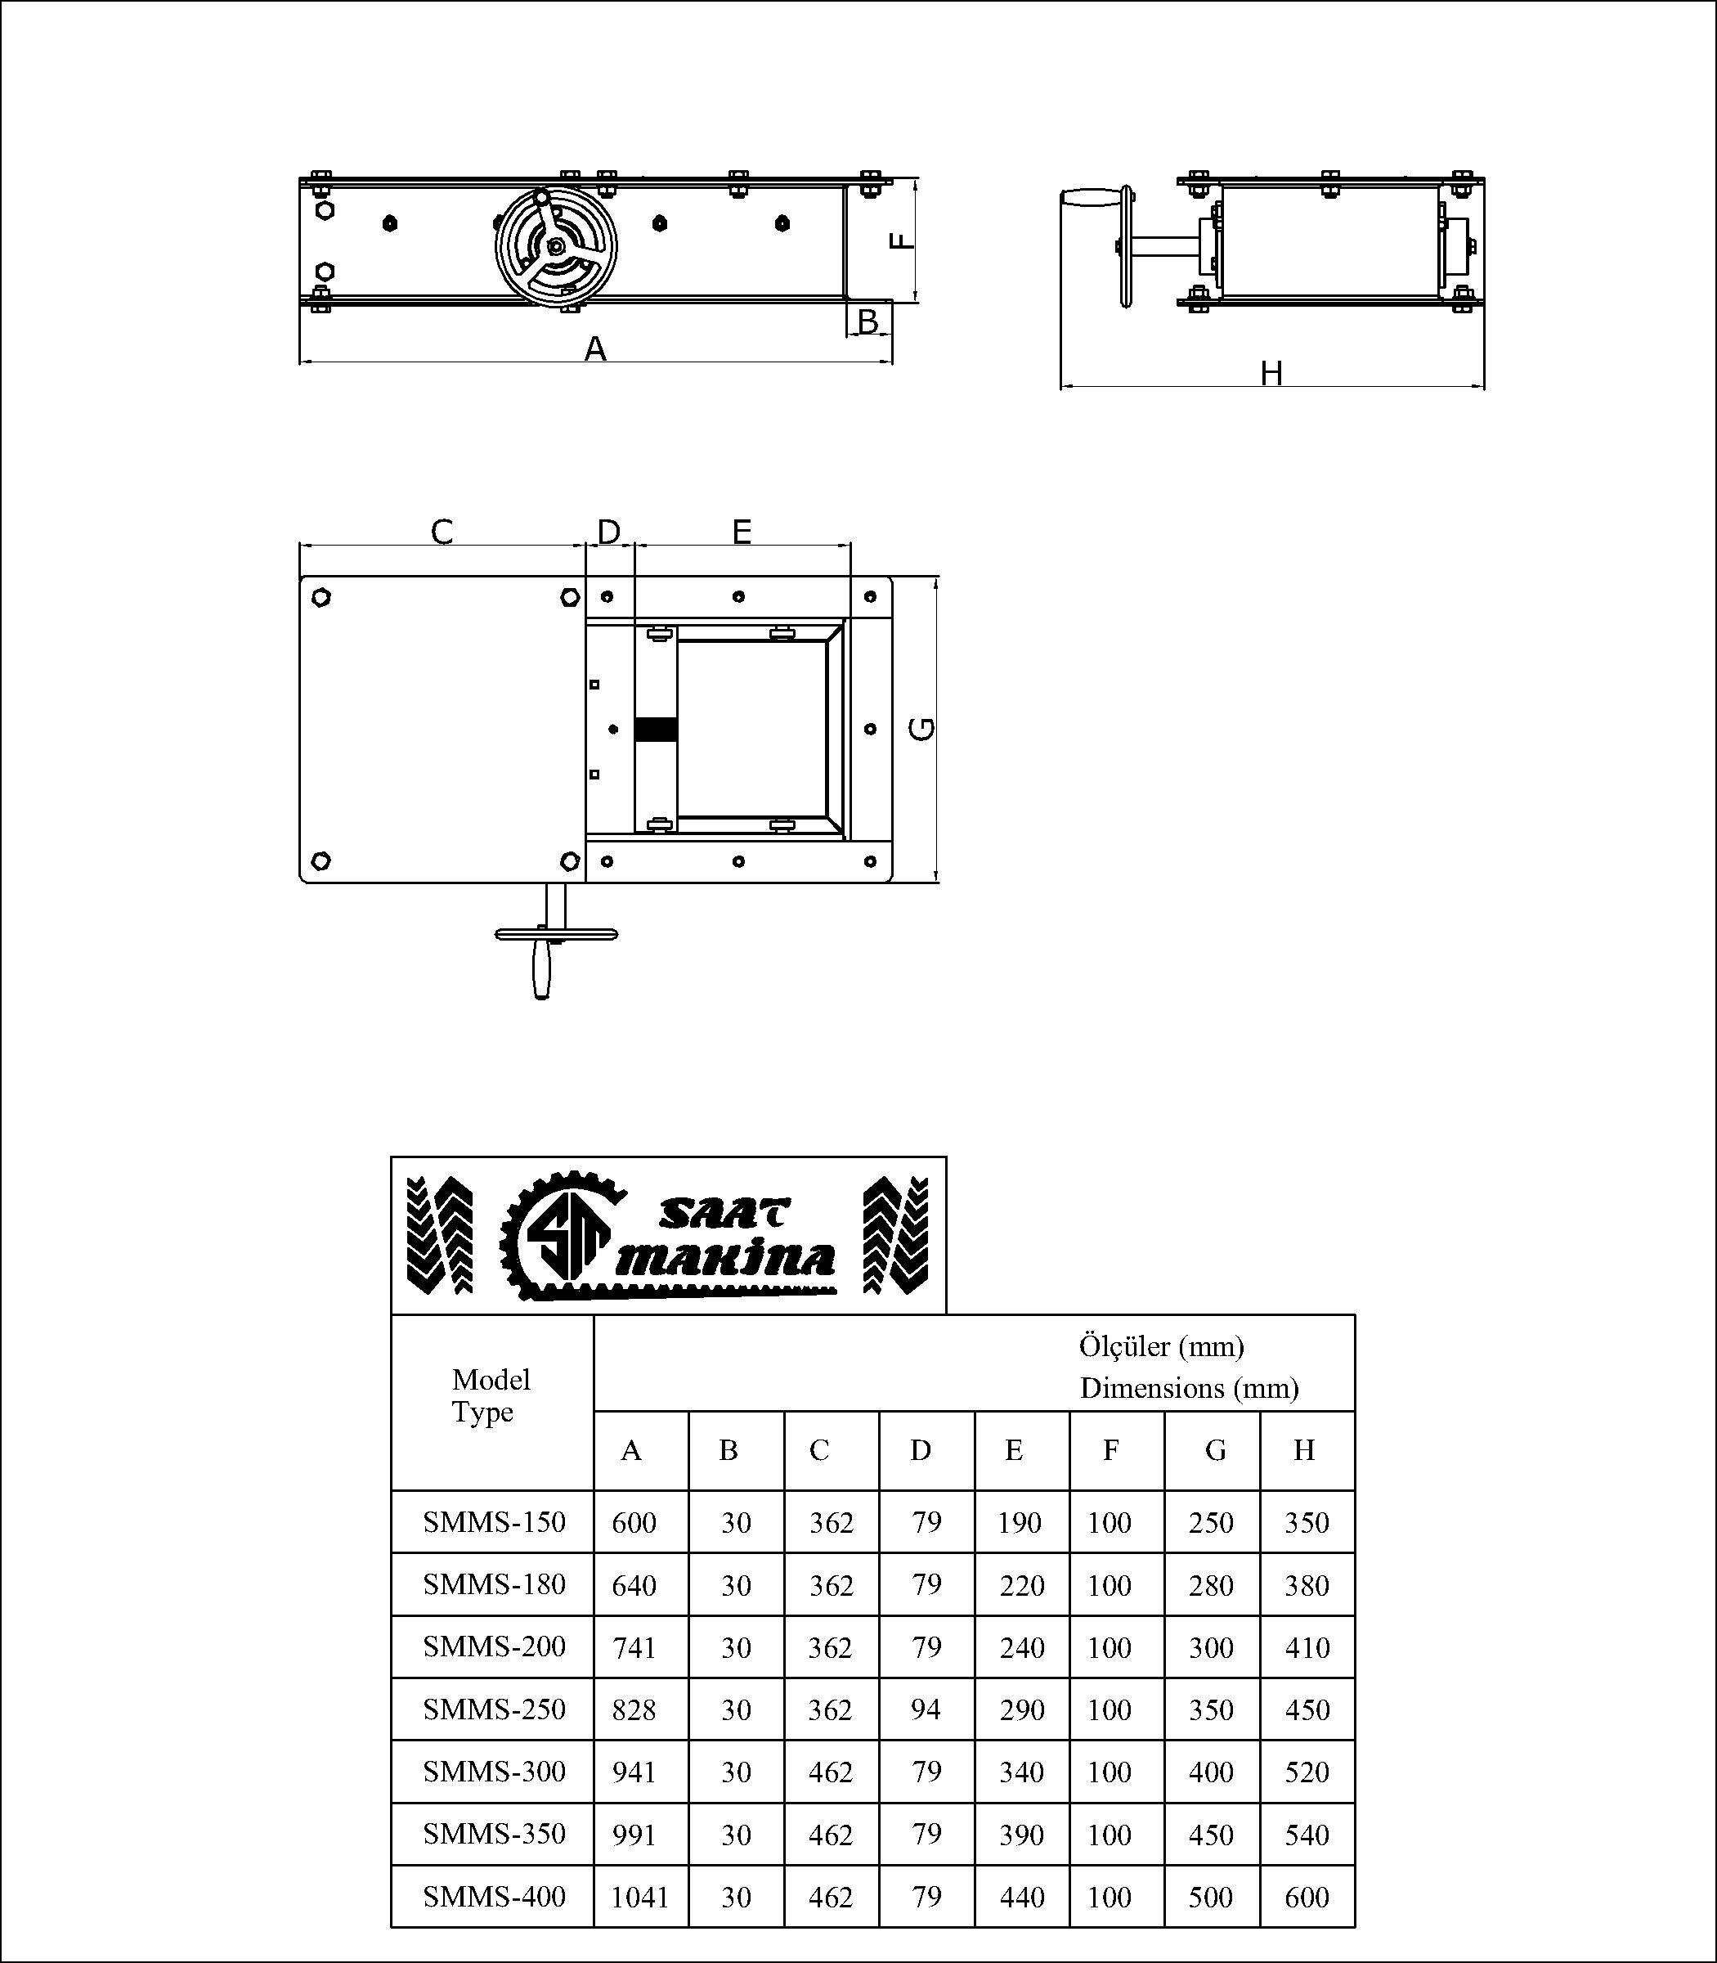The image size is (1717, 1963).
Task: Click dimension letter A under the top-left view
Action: coord(595,349)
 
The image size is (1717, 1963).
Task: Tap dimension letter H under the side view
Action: coord(1271,373)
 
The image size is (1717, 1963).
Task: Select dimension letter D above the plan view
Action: coord(609,531)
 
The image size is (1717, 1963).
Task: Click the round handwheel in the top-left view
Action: coord(556,246)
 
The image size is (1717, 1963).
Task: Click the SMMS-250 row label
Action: coord(494,1708)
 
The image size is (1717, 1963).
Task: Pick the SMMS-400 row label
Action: coord(494,1896)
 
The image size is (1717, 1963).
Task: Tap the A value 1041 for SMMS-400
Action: coord(639,1897)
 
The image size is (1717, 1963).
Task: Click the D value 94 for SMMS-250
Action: coord(926,1708)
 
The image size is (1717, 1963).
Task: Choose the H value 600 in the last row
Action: coord(1306,1897)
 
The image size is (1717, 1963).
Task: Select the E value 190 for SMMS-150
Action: coord(1019,1522)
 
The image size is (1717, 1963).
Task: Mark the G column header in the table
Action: coord(1215,1450)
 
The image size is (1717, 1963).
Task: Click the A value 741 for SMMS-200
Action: coord(634,1646)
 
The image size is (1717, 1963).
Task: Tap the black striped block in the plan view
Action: coord(656,730)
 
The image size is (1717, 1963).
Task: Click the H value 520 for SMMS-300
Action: coord(1306,1772)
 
